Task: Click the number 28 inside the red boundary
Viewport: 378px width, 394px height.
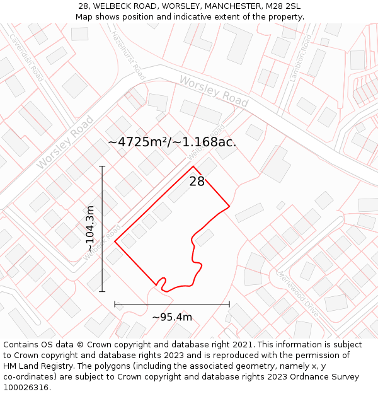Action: (x=197, y=182)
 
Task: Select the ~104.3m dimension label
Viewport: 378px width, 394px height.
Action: (x=90, y=229)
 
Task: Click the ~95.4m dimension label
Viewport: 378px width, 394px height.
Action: (x=172, y=317)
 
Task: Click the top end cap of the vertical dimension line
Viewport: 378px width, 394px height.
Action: (x=102, y=166)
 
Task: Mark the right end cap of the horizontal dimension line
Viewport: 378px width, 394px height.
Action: (x=229, y=304)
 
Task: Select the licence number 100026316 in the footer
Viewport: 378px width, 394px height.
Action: (x=26, y=388)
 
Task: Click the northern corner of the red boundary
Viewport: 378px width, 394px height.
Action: (x=193, y=166)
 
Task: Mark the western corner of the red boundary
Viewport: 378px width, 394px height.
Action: (x=115, y=241)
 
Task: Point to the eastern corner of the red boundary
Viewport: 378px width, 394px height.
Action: (x=229, y=206)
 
